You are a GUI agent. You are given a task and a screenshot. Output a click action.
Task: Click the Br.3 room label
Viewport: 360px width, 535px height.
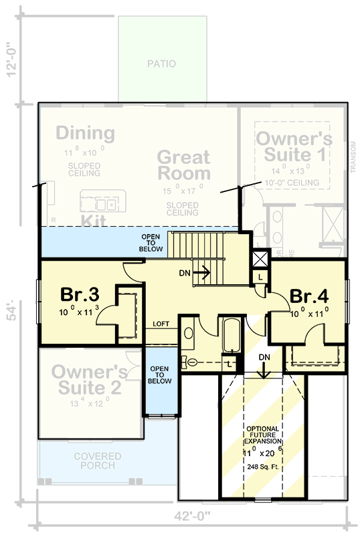pyautogui.click(x=80, y=294)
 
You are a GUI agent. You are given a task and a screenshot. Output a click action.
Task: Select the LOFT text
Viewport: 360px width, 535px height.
pyautogui.click(x=161, y=324)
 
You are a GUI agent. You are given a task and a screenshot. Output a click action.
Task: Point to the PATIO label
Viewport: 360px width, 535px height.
pyautogui.click(x=161, y=64)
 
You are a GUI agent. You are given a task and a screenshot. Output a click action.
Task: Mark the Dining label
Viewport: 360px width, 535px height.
pyautogui.click(x=85, y=132)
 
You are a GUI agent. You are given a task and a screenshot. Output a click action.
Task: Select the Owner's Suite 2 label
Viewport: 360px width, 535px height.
pyautogui.click(x=88, y=380)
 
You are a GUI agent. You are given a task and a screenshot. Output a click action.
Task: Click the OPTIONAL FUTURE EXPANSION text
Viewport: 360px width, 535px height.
pyautogui.click(x=262, y=435)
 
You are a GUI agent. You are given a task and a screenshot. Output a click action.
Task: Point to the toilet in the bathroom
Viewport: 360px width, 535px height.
pyautogui.click(x=192, y=362)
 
